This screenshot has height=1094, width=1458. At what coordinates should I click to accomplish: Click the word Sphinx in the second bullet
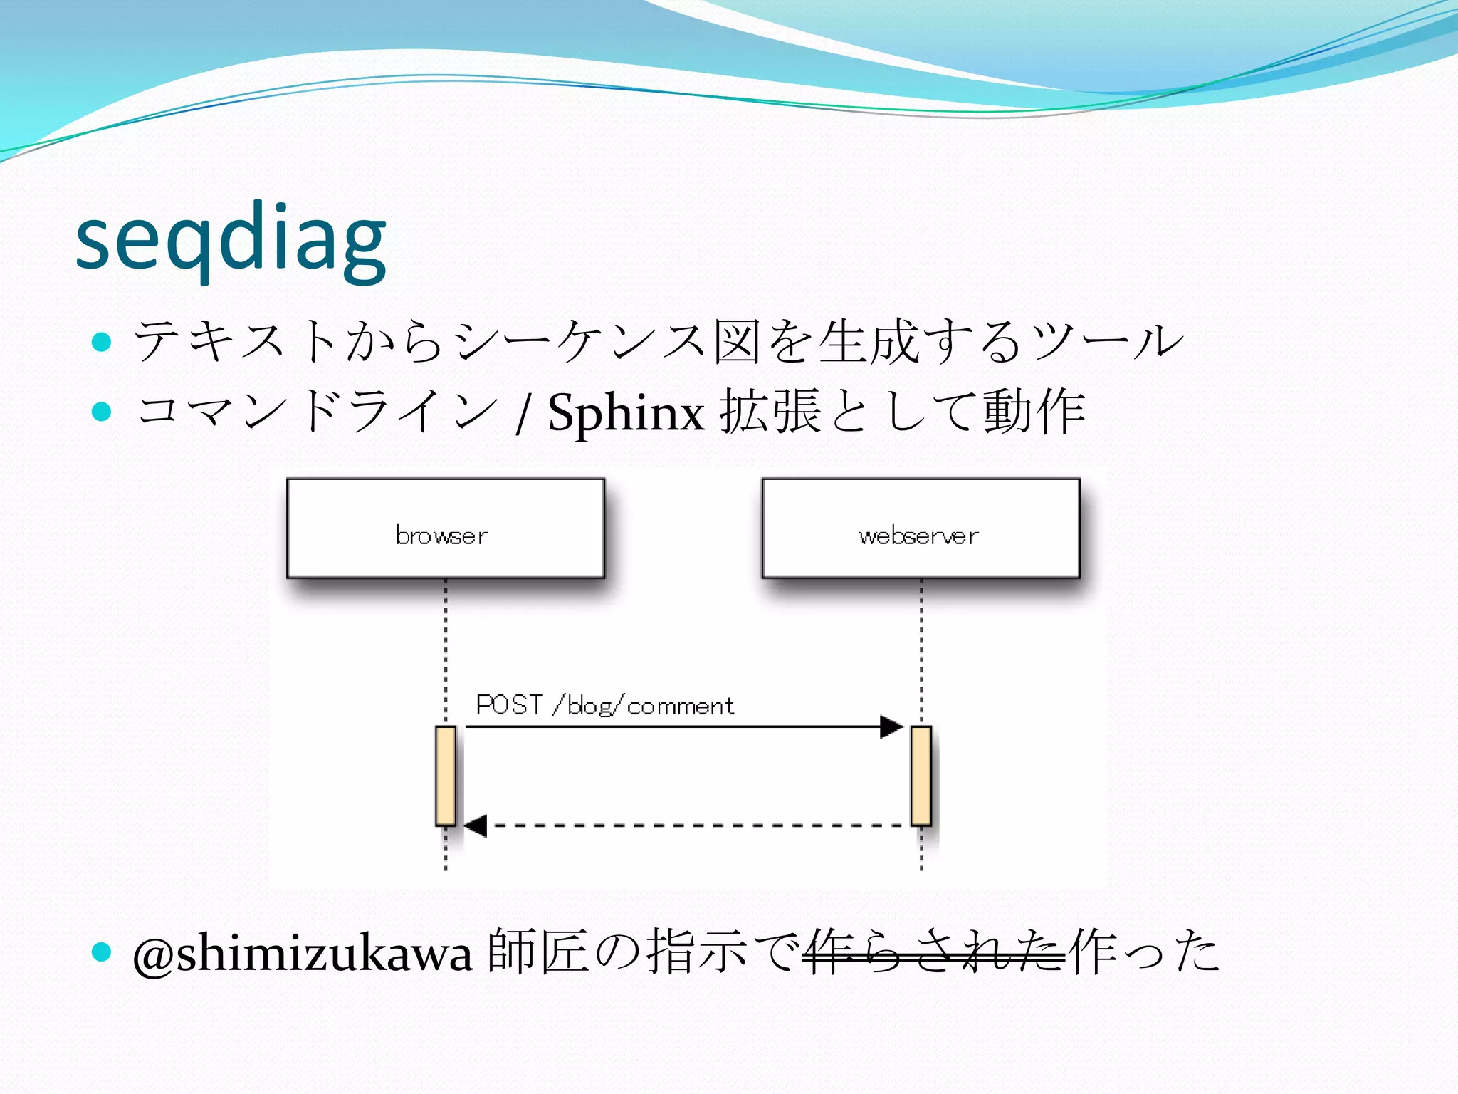click(x=626, y=413)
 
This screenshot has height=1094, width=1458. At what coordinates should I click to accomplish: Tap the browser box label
click(x=442, y=536)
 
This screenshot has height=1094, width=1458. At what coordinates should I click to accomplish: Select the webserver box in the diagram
click(x=920, y=528)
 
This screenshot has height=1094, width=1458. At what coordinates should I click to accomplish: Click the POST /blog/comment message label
click(x=604, y=706)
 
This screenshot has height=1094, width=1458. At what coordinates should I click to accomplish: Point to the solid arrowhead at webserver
click(x=891, y=727)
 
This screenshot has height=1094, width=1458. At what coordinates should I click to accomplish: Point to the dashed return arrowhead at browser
click(x=476, y=826)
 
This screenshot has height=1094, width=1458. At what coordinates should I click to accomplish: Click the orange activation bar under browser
click(x=446, y=776)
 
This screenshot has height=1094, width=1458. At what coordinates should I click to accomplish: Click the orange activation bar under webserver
click(x=921, y=776)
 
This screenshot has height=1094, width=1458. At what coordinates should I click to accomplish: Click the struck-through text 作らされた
click(x=933, y=953)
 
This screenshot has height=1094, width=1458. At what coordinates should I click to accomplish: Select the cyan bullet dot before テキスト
click(x=103, y=342)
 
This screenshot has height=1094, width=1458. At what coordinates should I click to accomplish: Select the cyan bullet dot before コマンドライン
click(x=103, y=412)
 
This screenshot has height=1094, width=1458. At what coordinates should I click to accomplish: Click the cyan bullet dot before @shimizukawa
click(x=103, y=952)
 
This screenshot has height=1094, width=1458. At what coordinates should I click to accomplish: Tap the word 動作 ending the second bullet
click(x=1034, y=412)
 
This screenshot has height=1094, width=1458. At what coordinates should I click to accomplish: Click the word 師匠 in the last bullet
click(x=539, y=952)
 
